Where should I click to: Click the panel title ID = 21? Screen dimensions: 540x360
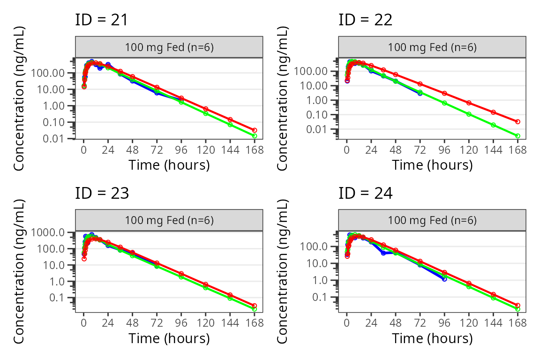102,20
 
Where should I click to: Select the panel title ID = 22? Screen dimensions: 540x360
366,20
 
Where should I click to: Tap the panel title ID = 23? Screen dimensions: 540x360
102,193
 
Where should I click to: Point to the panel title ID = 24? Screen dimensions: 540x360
366,193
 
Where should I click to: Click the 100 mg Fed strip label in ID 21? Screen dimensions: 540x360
169,47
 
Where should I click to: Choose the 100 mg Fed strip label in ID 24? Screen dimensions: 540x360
432,220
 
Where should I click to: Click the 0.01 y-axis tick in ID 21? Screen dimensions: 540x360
53,138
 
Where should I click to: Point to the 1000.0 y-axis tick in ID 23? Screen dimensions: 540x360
47,232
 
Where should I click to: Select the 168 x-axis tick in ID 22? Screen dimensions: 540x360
517,150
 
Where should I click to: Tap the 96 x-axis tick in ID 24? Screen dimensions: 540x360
444,323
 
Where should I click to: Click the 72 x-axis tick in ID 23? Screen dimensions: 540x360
157,323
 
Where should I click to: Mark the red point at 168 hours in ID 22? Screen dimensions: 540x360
517,121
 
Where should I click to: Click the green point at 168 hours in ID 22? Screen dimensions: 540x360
517,136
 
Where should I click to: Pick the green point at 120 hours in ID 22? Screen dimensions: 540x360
469,114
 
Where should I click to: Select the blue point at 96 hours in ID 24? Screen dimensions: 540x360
444,279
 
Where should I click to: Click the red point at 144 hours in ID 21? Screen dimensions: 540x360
230,120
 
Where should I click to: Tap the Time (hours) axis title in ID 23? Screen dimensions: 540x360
169,338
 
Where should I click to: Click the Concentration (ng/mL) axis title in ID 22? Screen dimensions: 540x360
282,98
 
